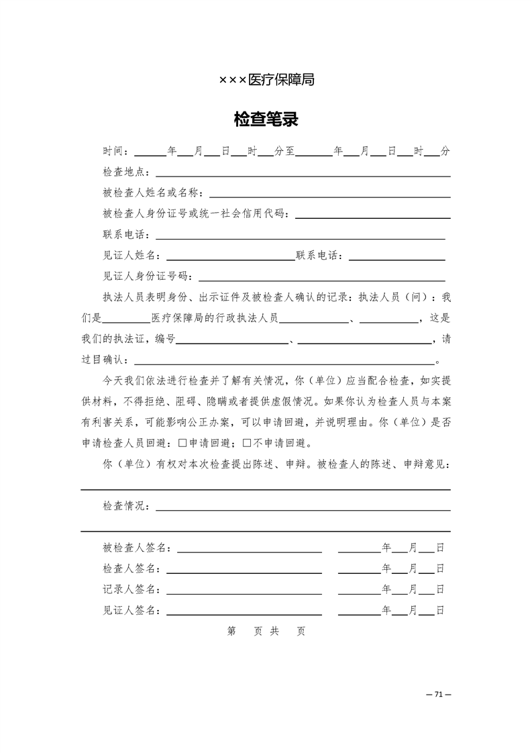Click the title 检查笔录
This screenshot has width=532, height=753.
coord(266,120)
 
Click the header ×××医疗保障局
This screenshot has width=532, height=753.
coord(266,80)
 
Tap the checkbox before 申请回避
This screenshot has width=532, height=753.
coord(184,443)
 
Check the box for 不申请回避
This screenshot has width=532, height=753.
coord(246,443)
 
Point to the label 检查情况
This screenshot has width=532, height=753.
coord(125,506)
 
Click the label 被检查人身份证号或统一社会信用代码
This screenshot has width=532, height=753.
coord(195,214)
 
